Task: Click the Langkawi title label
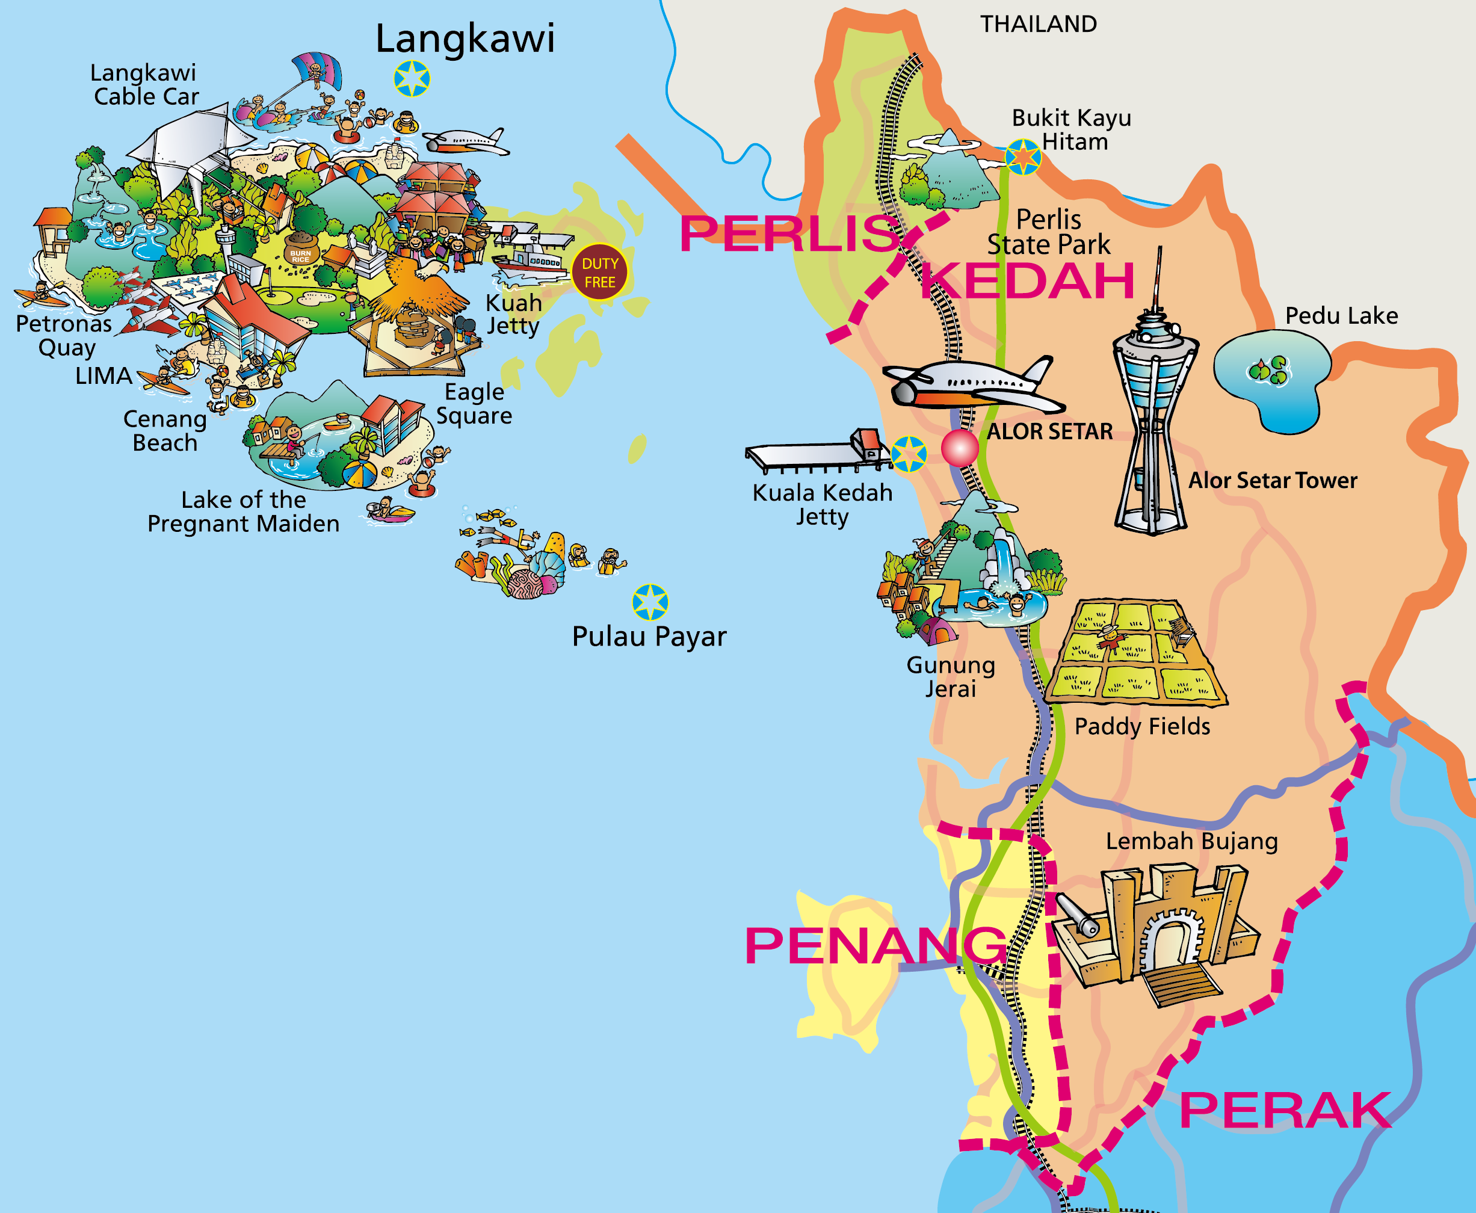(465, 39)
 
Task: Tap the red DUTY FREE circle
(600, 273)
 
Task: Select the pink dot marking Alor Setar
(960, 448)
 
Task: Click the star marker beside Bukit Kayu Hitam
(1023, 156)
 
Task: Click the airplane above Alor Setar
(971, 385)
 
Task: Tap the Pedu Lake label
(1341, 316)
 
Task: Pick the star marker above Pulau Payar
(650, 602)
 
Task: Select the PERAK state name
(1285, 1110)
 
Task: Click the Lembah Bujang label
(1191, 841)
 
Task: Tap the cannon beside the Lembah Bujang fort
(1076, 915)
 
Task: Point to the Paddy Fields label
(1142, 727)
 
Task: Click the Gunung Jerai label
(951, 676)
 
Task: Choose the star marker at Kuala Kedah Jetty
(909, 454)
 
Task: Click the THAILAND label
(1038, 25)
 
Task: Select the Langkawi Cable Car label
(144, 85)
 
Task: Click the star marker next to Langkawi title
(412, 78)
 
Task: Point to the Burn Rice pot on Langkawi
(300, 250)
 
